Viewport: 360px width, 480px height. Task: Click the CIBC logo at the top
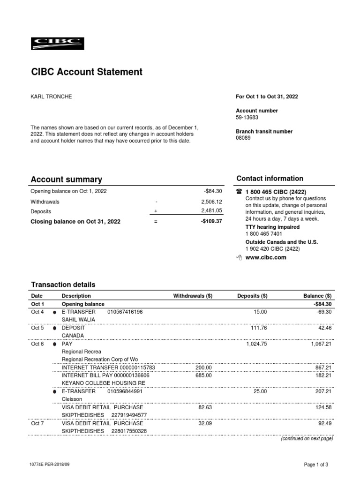click(57, 44)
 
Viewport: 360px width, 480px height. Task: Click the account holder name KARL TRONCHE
click(52, 97)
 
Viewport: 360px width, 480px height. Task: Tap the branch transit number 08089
click(243, 138)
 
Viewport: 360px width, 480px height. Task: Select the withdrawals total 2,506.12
click(205, 202)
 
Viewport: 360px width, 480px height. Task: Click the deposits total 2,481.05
click(205, 211)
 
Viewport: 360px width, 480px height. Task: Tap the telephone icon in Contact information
click(239, 192)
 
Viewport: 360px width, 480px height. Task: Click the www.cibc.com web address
click(266, 257)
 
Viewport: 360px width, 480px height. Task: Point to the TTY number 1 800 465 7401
click(264, 233)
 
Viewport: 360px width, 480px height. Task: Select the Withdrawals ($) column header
click(193, 296)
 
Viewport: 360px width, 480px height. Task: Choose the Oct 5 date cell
click(37, 328)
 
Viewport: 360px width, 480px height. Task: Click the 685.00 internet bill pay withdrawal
click(204, 375)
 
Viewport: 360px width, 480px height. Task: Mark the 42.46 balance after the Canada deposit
click(324, 328)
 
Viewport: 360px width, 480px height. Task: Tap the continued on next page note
click(307, 439)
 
